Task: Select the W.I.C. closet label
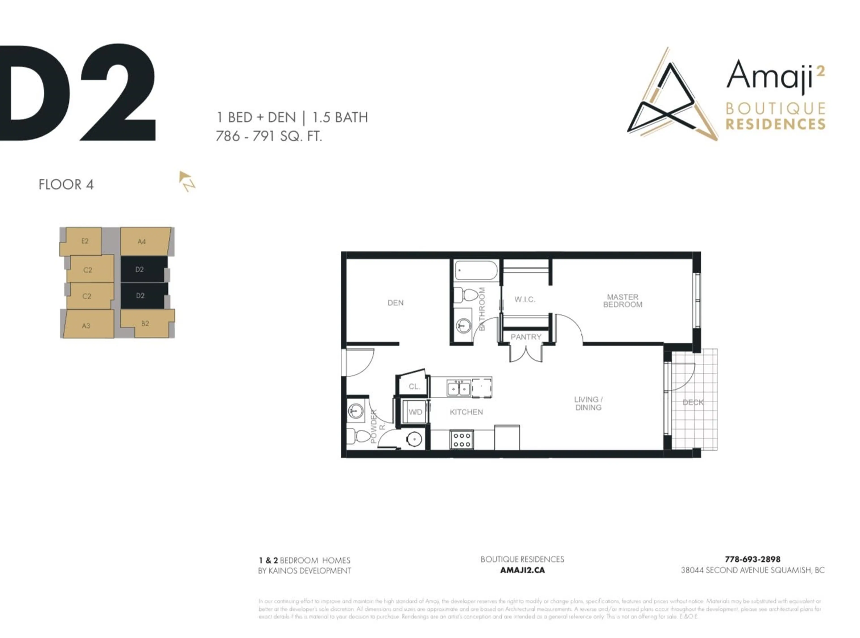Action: tap(524, 299)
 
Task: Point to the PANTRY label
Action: tap(526, 337)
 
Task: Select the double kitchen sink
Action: tap(459, 388)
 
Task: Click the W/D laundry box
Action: tap(415, 412)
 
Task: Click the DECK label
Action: tap(693, 402)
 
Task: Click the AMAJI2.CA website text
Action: tap(522, 570)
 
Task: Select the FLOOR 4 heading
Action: tap(66, 185)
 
